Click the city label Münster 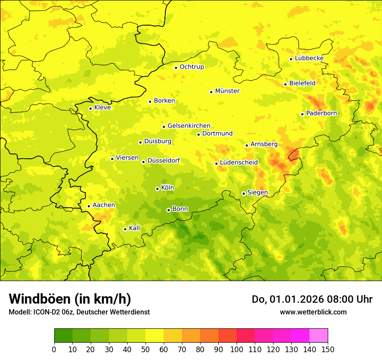click(x=227, y=91)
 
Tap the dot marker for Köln click(x=157, y=189)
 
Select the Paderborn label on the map click(x=321, y=113)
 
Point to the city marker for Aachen click(x=89, y=206)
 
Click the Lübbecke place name click(x=309, y=58)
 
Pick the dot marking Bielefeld click(x=285, y=84)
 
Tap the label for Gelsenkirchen click(x=189, y=126)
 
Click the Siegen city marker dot click(x=244, y=193)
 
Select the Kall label click(x=135, y=228)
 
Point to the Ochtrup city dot click(x=176, y=68)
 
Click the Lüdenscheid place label click(x=239, y=163)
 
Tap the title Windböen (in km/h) click(x=70, y=299)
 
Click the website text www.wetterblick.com click(x=313, y=312)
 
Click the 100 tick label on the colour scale click(x=236, y=350)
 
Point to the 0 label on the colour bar click(x=54, y=350)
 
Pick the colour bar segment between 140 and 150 click(x=319, y=336)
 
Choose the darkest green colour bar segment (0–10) click(x=63, y=336)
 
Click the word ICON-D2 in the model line click(x=46, y=312)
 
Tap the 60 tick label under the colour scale click(x=164, y=350)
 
